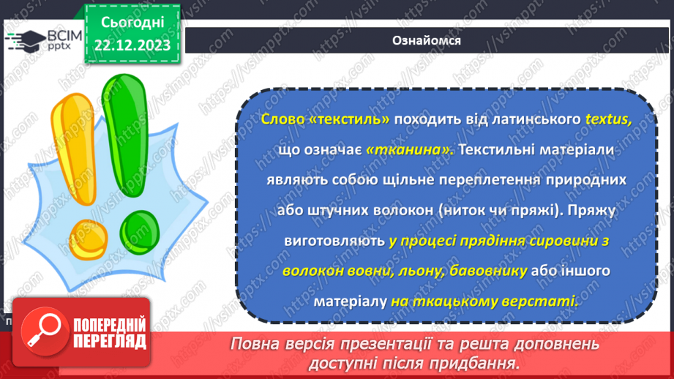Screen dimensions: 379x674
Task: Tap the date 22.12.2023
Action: [x=132, y=46]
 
